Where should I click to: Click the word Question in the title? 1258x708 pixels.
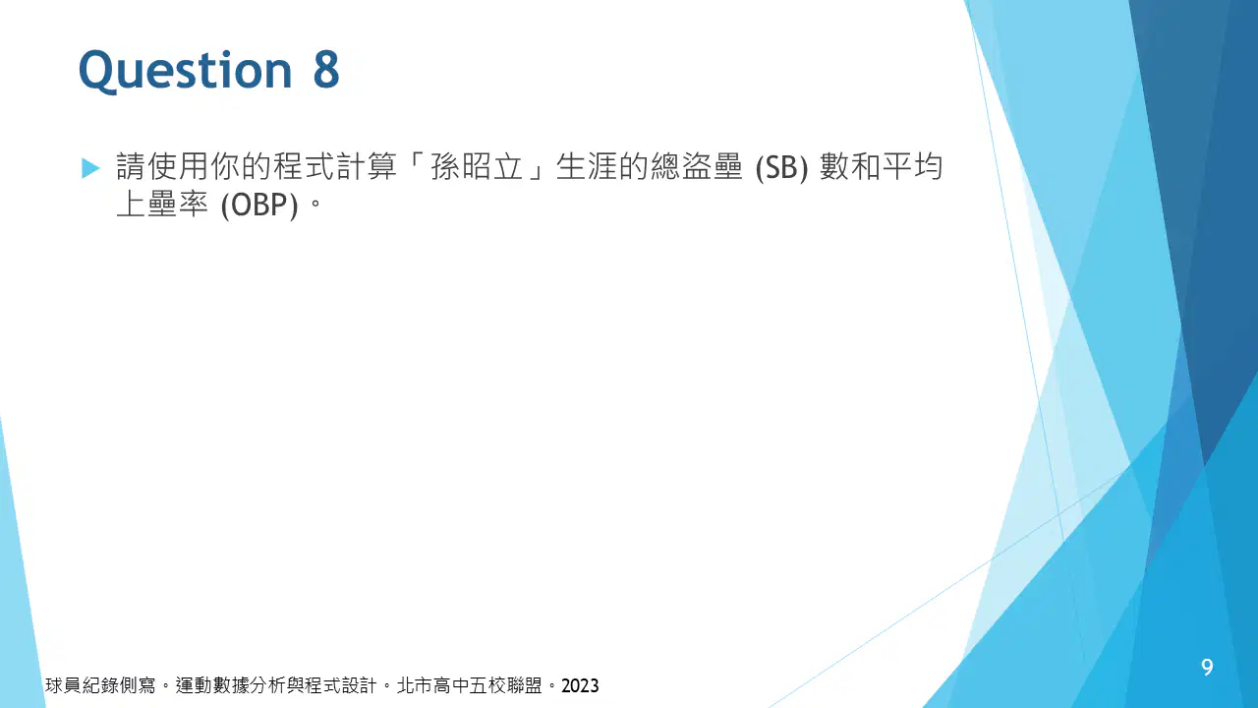pos(186,71)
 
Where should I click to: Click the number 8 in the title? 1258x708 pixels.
pos(326,69)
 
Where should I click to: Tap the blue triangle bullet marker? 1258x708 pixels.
pos(90,168)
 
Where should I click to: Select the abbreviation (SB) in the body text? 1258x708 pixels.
pos(781,168)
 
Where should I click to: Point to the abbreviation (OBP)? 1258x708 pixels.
pos(259,206)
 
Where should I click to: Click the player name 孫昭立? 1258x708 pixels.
pos(477,167)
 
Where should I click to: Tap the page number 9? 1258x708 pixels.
pos(1207,667)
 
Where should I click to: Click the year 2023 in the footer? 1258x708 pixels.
pos(580,686)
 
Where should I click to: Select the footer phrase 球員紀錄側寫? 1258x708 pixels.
pos(100,686)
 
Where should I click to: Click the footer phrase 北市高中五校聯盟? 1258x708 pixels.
pos(470,686)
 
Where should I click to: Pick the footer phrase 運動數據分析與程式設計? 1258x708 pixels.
pos(276,686)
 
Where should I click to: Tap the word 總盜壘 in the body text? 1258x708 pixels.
pos(697,167)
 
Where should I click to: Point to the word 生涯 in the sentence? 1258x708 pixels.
pos(587,167)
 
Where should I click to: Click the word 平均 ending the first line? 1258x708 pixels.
pos(911,167)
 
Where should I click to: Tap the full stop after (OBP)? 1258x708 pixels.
pos(315,203)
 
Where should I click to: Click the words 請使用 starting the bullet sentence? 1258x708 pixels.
pos(162,167)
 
